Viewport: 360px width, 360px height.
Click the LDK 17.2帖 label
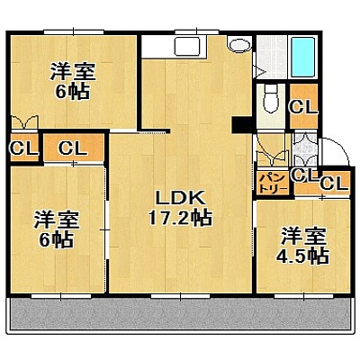(180, 209)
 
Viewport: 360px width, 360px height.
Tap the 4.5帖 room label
(303, 246)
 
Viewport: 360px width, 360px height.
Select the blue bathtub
(304, 57)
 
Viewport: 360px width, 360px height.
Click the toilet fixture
(272, 99)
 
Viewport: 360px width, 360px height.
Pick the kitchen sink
(187, 46)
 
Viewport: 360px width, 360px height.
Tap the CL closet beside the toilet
(303, 106)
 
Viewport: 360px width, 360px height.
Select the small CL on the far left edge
(24, 148)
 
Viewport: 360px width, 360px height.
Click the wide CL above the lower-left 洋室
(74, 148)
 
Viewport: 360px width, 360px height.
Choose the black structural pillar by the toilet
(243, 124)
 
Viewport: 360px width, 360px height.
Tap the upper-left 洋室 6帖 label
(73, 80)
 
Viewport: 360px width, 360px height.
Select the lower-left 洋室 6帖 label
(57, 229)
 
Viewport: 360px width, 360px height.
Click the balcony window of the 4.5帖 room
(303, 296)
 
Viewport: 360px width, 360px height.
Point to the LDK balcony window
(180, 296)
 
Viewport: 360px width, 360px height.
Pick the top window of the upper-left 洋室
(74, 31)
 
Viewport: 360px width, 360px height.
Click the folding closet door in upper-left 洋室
(24, 123)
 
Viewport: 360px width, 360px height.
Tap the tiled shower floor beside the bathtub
(272, 57)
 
